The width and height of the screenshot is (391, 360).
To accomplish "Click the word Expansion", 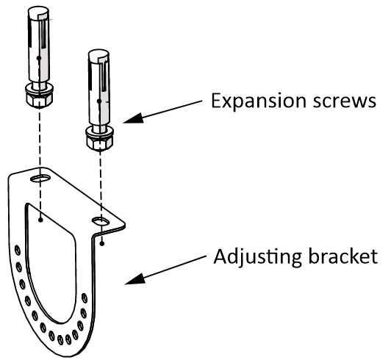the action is pyautogui.click(x=259, y=101).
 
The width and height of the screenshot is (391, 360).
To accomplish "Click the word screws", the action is pyautogui.click(x=345, y=101).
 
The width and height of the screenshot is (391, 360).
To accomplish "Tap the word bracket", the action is pyautogui.click(x=343, y=256).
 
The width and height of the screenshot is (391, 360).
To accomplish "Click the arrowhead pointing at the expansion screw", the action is pyautogui.click(x=134, y=118).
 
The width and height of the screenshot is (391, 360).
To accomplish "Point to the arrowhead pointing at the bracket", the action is pyautogui.click(x=135, y=279).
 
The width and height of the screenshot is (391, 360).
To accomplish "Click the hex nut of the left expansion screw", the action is pyautogui.click(x=39, y=100).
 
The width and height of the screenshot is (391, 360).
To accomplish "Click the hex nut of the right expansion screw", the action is pyautogui.click(x=100, y=143).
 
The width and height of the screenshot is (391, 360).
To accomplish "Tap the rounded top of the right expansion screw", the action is pyautogui.click(x=98, y=55).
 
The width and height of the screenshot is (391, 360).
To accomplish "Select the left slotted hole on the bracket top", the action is pyautogui.click(x=40, y=178).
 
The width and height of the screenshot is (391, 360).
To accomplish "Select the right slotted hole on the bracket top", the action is pyautogui.click(x=101, y=221).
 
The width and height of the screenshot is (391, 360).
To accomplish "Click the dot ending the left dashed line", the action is pyautogui.click(x=40, y=220).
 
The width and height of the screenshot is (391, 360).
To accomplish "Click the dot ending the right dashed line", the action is pyautogui.click(x=102, y=244).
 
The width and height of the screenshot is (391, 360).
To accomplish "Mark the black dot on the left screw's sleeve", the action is pyautogui.click(x=39, y=58).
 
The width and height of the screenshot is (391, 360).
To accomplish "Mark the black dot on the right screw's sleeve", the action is pyautogui.click(x=99, y=101).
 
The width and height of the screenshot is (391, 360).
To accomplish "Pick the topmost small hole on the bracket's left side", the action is pyautogui.click(x=18, y=250).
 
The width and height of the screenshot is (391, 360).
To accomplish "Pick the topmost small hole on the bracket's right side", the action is pyautogui.click(x=85, y=298).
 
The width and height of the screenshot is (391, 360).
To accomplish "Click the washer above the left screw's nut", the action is pyautogui.click(x=39, y=88).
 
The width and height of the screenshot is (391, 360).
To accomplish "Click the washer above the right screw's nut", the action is pyautogui.click(x=100, y=131).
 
